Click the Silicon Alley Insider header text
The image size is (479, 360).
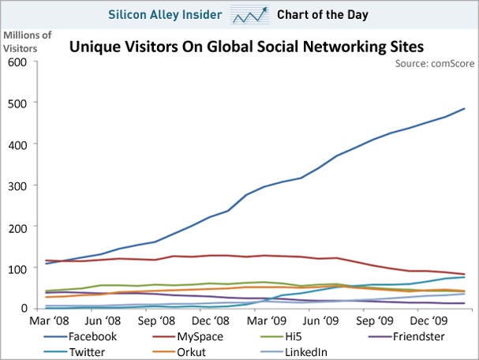pos(163,15)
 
